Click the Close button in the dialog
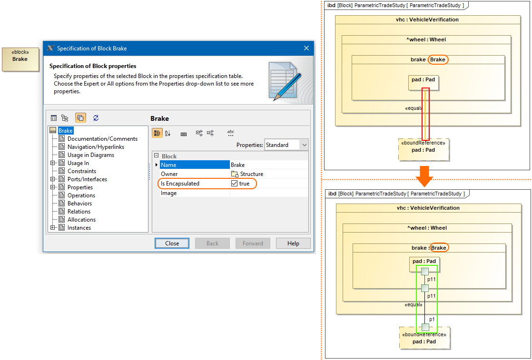tap(172, 243)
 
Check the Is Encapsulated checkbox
tap(234, 184)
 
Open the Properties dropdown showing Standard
tap(286, 145)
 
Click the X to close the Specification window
tap(306, 48)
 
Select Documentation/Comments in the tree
tap(102, 139)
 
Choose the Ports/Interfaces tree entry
tap(87, 179)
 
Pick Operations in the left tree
tap(81, 195)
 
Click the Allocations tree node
tap(81, 220)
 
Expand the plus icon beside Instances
tap(53, 228)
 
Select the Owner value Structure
tap(251, 175)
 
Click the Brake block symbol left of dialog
tap(20, 59)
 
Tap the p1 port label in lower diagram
tap(432, 319)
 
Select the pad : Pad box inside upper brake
tap(423, 82)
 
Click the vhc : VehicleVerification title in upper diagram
tap(427, 19)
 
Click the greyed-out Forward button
tap(253, 243)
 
